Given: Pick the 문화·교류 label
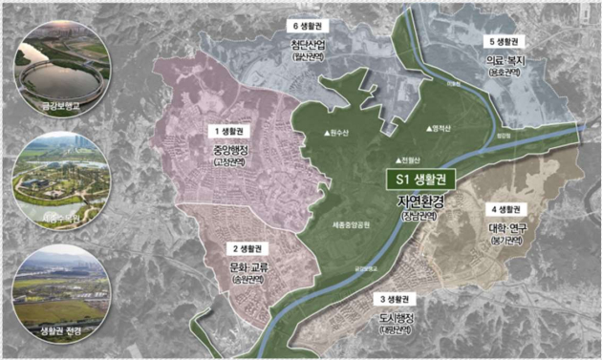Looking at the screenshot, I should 246,267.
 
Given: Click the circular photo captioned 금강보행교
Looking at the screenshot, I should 59,72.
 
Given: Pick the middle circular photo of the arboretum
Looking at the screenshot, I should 59,177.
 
